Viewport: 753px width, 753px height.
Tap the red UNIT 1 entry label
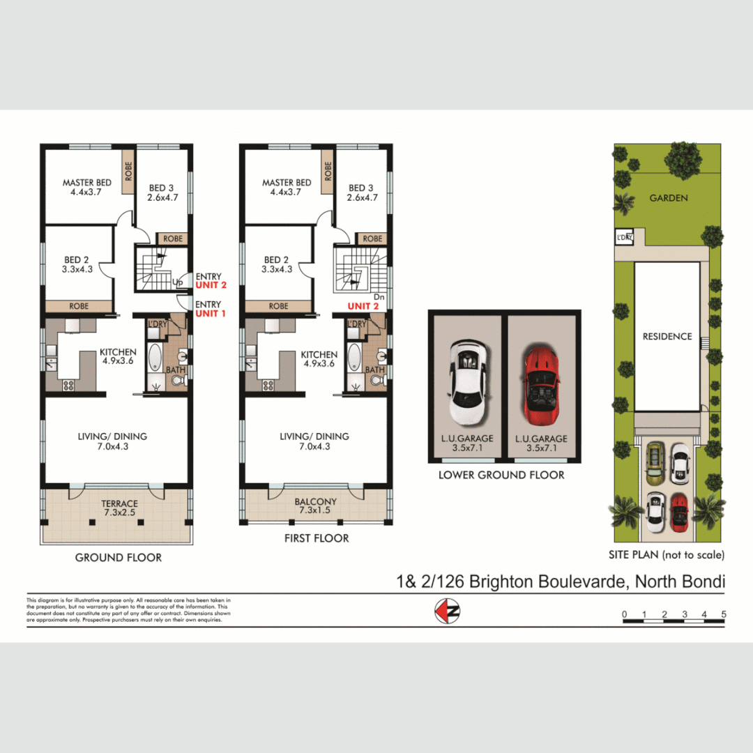pyautogui.click(x=208, y=314)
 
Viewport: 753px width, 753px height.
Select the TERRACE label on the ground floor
pyautogui.click(x=119, y=503)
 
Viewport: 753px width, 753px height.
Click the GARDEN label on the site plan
pyautogui.click(x=668, y=198)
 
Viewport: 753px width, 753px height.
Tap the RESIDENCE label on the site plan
pyautogui.click(x=667, y=336)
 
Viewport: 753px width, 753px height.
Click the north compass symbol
pyautogui.click(x=447, y=611)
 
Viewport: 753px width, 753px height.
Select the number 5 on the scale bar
pyautogui.click(x=724, y=614)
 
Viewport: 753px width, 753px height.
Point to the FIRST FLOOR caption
pyautogui.click(x=317, y=538)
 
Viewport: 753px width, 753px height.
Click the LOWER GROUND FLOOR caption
pyautogui.click(x=501, y=475)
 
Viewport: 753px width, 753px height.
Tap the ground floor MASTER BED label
pyautogui.click(x=86, y=183)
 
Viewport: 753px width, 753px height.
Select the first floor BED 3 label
pyautogui.click(x=362, y=188)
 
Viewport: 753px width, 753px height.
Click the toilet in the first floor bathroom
pyautogui.click(x=377, y=379)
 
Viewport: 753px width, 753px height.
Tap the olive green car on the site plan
pyautogui.click(x=655, y=465)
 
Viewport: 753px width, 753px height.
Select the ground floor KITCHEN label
pyautogui.click(x=118, y=352)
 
